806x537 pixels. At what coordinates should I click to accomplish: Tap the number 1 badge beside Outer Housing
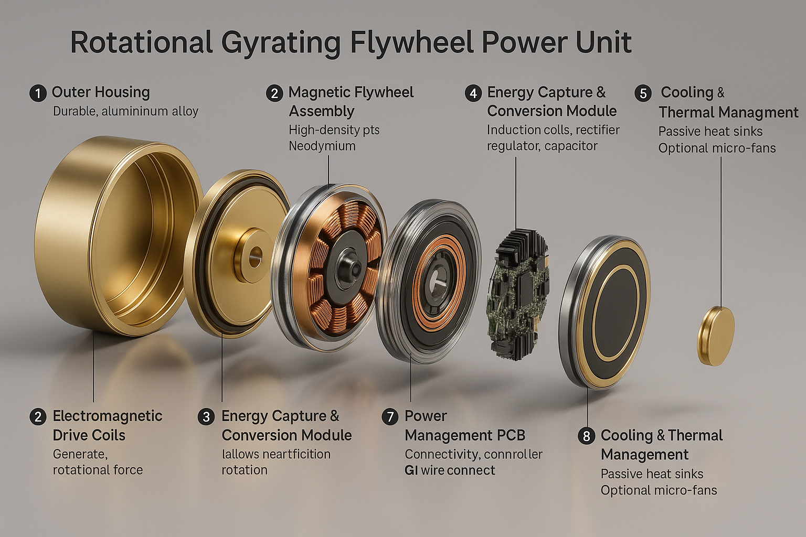coord(38,93)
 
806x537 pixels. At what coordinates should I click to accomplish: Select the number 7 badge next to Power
coord(390,417)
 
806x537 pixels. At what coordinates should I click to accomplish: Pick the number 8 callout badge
coord(586,436)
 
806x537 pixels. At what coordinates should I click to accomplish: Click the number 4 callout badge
coord(473,93)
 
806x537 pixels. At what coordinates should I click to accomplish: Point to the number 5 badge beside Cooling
coord(643,93)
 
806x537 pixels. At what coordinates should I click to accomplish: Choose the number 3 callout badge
coord(206,417)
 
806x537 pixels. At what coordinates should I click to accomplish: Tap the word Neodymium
coord(322,146)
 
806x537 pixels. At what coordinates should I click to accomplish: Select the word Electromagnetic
coord(108,416)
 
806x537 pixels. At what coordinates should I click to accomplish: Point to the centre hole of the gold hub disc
coord(256,257)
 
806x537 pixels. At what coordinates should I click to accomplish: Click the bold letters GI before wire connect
coord(411,470)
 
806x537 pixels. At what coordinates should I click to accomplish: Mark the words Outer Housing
coord(101,93)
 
